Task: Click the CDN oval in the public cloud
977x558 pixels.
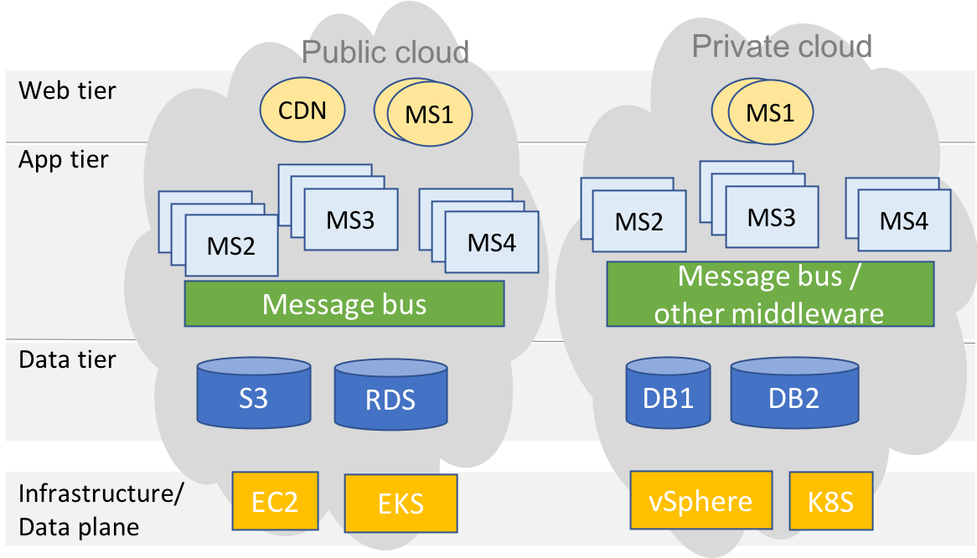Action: (302, 110)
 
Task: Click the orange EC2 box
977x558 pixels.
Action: (275, 501)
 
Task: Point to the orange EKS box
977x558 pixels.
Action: (401, 504)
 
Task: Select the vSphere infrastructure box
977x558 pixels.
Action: (700, 501)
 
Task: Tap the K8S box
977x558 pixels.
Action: (830, 501)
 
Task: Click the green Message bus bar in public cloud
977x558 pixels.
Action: (344, 303)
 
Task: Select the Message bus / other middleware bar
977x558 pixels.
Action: (769, 293)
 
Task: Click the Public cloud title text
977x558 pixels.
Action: (385, 52)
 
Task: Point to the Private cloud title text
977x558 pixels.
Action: (782, 45)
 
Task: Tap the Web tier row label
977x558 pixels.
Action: (67, 90)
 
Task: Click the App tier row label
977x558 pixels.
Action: (64, 159)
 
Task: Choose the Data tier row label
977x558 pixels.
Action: (67, 360)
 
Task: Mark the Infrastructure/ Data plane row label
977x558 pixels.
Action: (100, 509)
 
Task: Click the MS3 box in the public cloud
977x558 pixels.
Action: (350, 220)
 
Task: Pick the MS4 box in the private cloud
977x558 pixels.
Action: (904, 220)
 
